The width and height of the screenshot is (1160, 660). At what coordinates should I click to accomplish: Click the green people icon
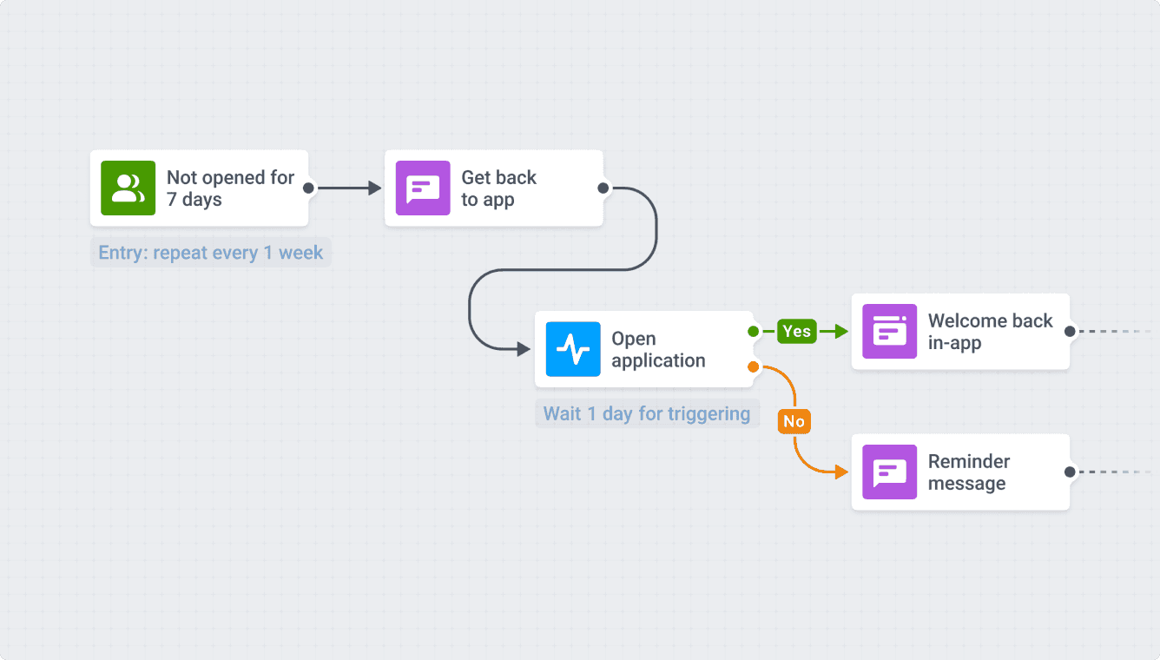click(128, 188)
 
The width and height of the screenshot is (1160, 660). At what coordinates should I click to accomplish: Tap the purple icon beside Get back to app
click(423, 188)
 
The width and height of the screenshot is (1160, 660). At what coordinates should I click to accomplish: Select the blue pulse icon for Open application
click(573, 349)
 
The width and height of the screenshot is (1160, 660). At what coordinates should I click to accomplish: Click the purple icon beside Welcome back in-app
click(889, 331)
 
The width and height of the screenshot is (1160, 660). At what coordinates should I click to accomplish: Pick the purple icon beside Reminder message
click(889, 472)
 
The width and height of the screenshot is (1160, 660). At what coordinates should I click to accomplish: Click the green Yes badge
click(796, 331)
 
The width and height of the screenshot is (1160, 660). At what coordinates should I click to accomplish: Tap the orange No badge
click(794, 421)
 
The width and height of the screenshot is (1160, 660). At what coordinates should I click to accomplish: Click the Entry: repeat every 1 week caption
click(210, 253)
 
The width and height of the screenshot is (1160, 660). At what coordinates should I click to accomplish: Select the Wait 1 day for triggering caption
click(646, 413)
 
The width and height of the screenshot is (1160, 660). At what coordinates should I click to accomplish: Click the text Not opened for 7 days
click(230, 188)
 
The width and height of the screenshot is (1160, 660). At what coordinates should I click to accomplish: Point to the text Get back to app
click(498, 188)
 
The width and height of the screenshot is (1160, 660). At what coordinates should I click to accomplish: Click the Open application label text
click(657, 349)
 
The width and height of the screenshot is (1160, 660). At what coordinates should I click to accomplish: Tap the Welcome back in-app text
click(990, 332)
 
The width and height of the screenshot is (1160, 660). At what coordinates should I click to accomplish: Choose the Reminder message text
click(968, 472)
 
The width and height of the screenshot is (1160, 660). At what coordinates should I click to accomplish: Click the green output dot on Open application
click(753, 331)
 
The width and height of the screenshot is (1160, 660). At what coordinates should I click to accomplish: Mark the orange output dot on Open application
click(753, 367)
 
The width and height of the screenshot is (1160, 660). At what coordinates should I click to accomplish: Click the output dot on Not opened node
click(308, 188)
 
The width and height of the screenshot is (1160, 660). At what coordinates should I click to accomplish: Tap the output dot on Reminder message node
click(1070, 472)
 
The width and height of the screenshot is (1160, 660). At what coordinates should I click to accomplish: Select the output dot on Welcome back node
click(1070, 331)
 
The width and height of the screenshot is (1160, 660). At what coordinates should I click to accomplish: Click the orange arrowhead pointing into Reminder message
click(840, 472)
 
